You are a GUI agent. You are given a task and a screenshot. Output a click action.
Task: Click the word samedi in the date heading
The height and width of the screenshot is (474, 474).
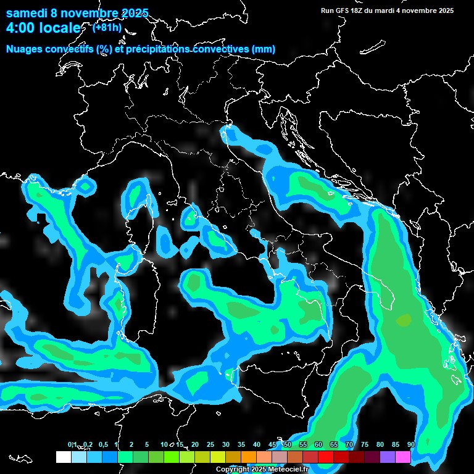26,13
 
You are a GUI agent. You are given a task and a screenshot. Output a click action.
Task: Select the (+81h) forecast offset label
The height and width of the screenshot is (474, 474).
107,27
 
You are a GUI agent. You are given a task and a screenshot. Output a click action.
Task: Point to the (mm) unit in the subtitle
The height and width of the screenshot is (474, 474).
264,49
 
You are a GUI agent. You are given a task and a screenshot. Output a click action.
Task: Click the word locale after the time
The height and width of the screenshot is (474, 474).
60,28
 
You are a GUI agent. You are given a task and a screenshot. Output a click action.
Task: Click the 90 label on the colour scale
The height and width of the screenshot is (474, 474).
411,444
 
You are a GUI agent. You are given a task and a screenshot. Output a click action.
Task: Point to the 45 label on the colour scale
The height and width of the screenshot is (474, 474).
272,444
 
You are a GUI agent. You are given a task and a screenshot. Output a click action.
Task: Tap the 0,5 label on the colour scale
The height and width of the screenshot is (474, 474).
103,444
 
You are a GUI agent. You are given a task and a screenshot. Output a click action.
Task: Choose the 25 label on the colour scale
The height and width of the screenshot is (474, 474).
210,444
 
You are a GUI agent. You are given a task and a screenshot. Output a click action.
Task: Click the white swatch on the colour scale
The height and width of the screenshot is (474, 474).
63,457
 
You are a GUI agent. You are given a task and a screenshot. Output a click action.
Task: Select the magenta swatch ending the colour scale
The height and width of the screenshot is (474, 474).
403,457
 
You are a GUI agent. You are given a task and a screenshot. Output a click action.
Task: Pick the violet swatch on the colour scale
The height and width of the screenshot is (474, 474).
388,457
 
